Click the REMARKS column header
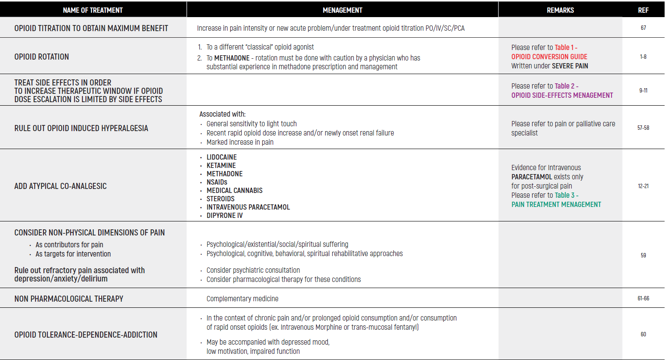click(x=560, y=10)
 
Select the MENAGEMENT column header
click(x=342, y=10)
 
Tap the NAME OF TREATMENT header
click(x=92, y=10)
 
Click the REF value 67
click(x=643, y=28)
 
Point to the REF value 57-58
click(x=643, y=128)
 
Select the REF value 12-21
click(x=643, y=186)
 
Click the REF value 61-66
click(x=643, y=299)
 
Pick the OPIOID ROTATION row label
click(x=42, y=57)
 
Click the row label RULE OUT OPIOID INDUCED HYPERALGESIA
click(x=81, y=128)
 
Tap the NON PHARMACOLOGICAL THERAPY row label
click(x=69, y=299)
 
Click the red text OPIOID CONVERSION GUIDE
click(x=549, y=57)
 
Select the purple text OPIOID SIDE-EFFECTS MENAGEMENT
click(x=562, y=96)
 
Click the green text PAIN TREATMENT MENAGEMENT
click(x=556, y=205)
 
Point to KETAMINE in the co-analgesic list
click(x=221, y=166)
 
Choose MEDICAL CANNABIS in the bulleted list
click(x=235, y=191)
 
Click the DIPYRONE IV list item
click(x=224, y=216)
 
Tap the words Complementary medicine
click(x=242, y=299)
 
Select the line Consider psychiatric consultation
click(x=253, y=271)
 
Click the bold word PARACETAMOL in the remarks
click(x=531, y=177)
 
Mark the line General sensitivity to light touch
click(x=252, y=124)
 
